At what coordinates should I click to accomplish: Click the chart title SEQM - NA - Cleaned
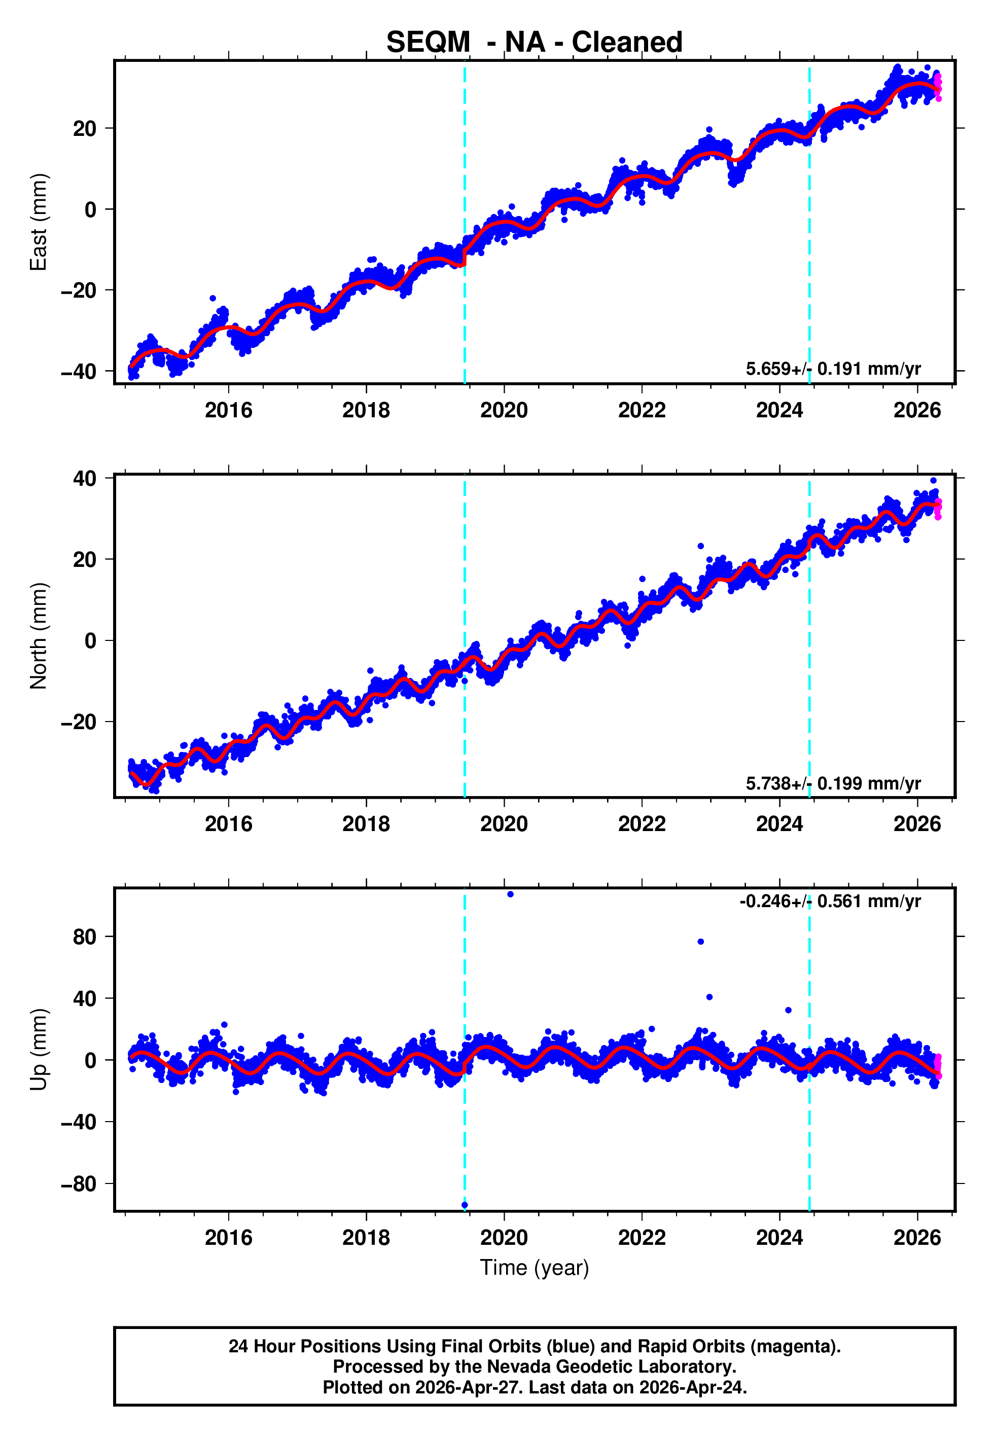click(x=535, y=43)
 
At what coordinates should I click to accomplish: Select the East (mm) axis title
click(x=39, y=222)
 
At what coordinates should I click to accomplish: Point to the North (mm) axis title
click(x=39, y=636)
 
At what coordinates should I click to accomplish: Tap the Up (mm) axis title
click(x=39, y=1050)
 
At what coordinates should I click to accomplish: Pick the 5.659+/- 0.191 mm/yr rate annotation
click(x=833, y=369)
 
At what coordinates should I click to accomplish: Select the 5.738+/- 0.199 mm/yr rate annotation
click(x=833, y=783)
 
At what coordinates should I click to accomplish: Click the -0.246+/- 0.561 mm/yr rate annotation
click(x=830, y=901)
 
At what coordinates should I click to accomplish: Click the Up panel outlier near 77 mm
click(x=701, y=942)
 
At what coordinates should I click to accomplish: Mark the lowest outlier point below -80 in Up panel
click(x=465, y=1205)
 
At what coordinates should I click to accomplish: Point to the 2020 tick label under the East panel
click(x=504, y=410)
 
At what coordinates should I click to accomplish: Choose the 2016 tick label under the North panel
click(x=228, y=824)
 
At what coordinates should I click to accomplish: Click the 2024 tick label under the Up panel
click(x=779, y=1237)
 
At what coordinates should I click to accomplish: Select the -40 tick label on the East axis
click(x=79, y=371)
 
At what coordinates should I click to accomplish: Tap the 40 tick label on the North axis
click(x=84, y=479)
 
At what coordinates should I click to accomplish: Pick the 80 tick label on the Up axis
click(x=84, y=937)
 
